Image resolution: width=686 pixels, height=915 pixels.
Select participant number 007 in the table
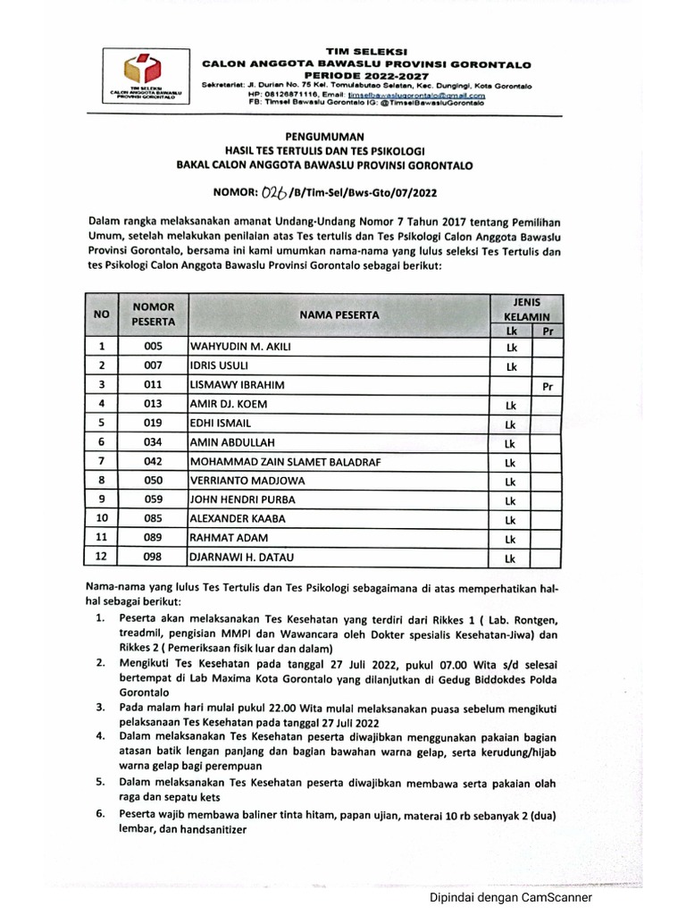pyautogui.click(x=154, y=366)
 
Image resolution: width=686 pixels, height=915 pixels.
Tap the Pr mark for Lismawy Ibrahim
pyautogui.click(x=548, y=387)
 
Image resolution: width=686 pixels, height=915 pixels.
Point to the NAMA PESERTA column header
pyautogui.click(x=339, y=315)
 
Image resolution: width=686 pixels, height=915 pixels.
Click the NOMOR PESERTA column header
pyautogui.click(x=154, y=314)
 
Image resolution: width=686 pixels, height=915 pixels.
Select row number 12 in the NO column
pyautogui.click(x=102, y=558)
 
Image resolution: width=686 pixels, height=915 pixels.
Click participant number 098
pyautogui.click(x=154, y=558)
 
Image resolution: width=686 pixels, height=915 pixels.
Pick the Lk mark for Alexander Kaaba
pyautogui.click(x=511, y=520)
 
